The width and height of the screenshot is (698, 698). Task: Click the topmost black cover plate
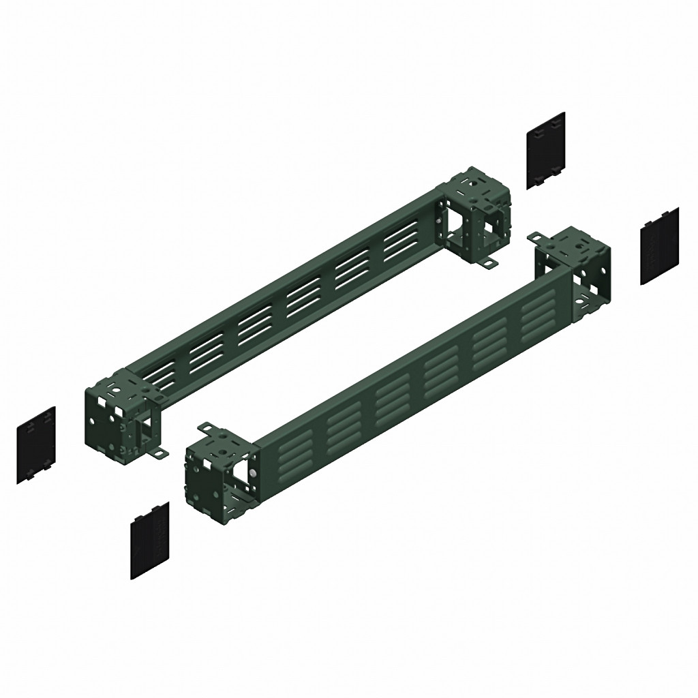[x=546, y=150]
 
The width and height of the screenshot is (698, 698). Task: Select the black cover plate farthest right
[x=659, y=245]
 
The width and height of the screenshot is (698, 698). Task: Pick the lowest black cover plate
[x=149, y=541]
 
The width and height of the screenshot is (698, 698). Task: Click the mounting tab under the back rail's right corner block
[x=488, y=263]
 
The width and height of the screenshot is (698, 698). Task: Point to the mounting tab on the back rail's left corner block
[x=160, y=453]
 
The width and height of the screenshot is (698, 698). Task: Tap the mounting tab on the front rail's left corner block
[x=205, y=429]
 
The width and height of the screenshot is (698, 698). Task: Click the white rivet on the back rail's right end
[x=437, y=222]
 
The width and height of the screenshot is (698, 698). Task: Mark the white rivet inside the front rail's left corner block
[x=253, y=472]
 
